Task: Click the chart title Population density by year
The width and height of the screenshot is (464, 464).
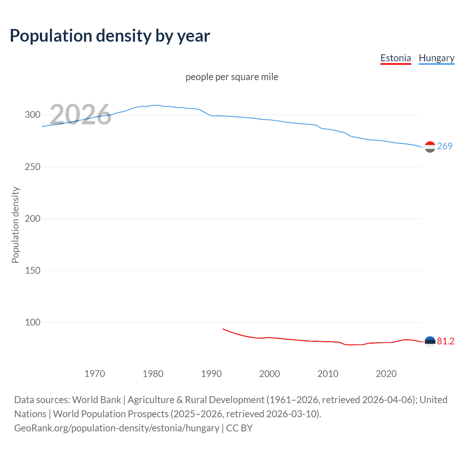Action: point(110,36)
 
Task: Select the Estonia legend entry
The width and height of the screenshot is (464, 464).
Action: point(395,58)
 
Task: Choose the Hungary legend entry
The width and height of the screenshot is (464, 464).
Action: point(436,58)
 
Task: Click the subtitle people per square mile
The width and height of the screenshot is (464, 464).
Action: point(232,77)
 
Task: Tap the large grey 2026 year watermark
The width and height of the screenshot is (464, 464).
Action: point(80,115)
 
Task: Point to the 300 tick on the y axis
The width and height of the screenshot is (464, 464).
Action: point(33,115)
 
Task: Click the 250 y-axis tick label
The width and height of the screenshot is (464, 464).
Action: point(33,167)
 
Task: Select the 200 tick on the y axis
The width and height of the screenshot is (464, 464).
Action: point(33,219)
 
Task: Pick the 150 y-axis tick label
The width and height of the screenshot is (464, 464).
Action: point(33,270)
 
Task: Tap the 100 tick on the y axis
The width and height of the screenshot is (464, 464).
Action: point(33,322)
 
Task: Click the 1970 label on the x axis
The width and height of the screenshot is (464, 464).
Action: point(95,374)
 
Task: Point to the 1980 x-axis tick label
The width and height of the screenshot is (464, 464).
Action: point(153,374)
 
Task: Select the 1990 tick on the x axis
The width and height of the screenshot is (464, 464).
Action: point(211,374)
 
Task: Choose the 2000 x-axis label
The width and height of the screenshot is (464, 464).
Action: point(270,374)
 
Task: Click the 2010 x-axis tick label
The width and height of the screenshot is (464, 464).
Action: point(328,374)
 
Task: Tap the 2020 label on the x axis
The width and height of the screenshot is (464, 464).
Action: point(386,374)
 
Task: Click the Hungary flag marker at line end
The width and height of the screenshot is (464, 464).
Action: point(430,147)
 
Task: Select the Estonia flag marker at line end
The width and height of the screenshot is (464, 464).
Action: point(430,341)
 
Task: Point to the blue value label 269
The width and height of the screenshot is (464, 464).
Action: point(445,146)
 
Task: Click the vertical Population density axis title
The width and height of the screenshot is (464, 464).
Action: point(15,225)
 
